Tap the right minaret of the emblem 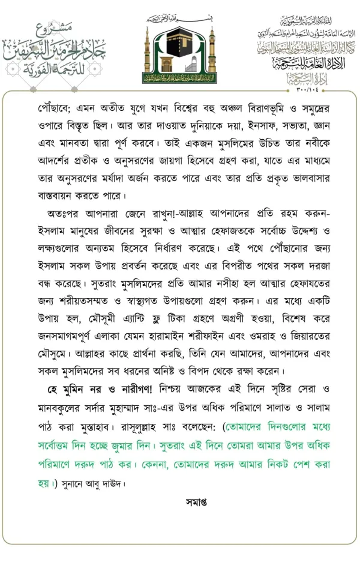(x=211, y=51)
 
